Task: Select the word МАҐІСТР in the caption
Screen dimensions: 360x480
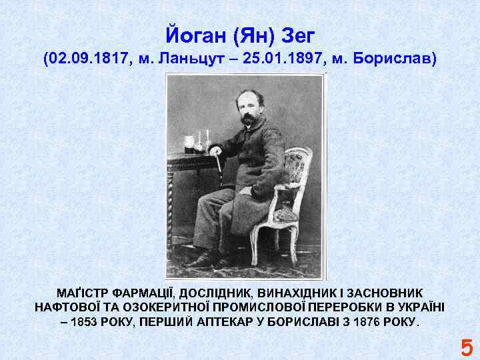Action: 83,293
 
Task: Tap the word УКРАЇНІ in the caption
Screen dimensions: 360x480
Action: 417,307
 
